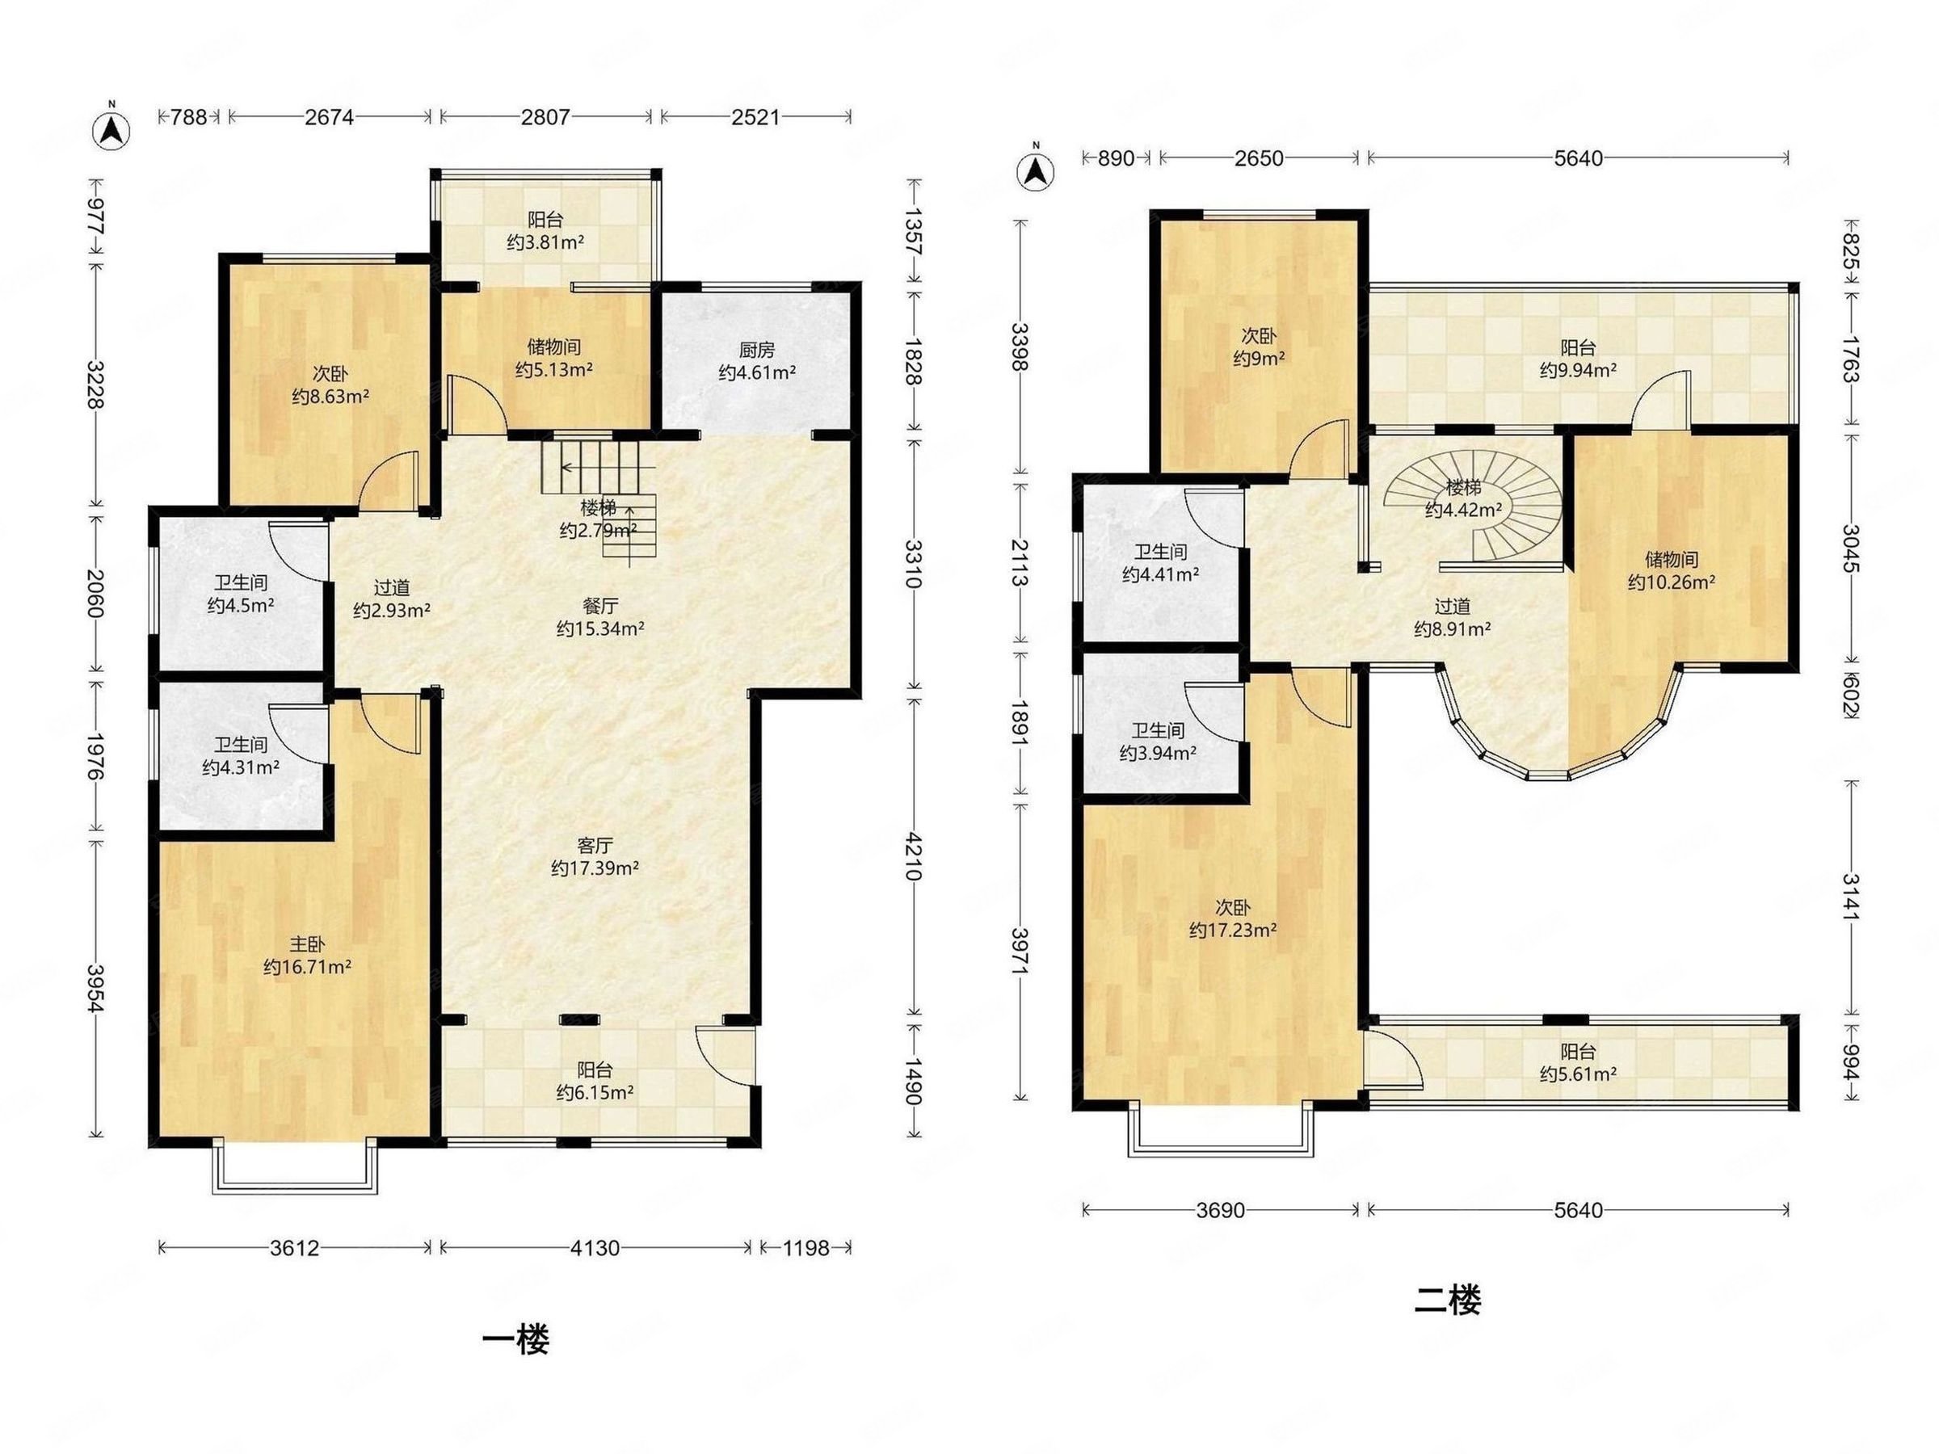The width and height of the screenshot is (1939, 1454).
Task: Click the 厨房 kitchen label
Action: (756, 351)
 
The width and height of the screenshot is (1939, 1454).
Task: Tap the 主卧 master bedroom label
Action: (307, 945)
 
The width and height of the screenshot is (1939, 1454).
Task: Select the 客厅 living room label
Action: (595, 846)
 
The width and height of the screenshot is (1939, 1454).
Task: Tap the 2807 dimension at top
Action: (545, 116)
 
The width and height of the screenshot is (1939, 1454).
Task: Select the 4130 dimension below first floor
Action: (595, 1247)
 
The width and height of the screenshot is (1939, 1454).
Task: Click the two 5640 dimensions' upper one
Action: (1578, 158)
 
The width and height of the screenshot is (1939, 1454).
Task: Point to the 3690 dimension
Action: (1220, 1210)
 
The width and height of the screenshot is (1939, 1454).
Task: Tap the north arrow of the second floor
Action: (1035, 168)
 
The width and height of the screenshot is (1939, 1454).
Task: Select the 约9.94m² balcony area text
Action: (1578, 371)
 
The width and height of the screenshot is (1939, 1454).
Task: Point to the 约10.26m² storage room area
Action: (1672, 582)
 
